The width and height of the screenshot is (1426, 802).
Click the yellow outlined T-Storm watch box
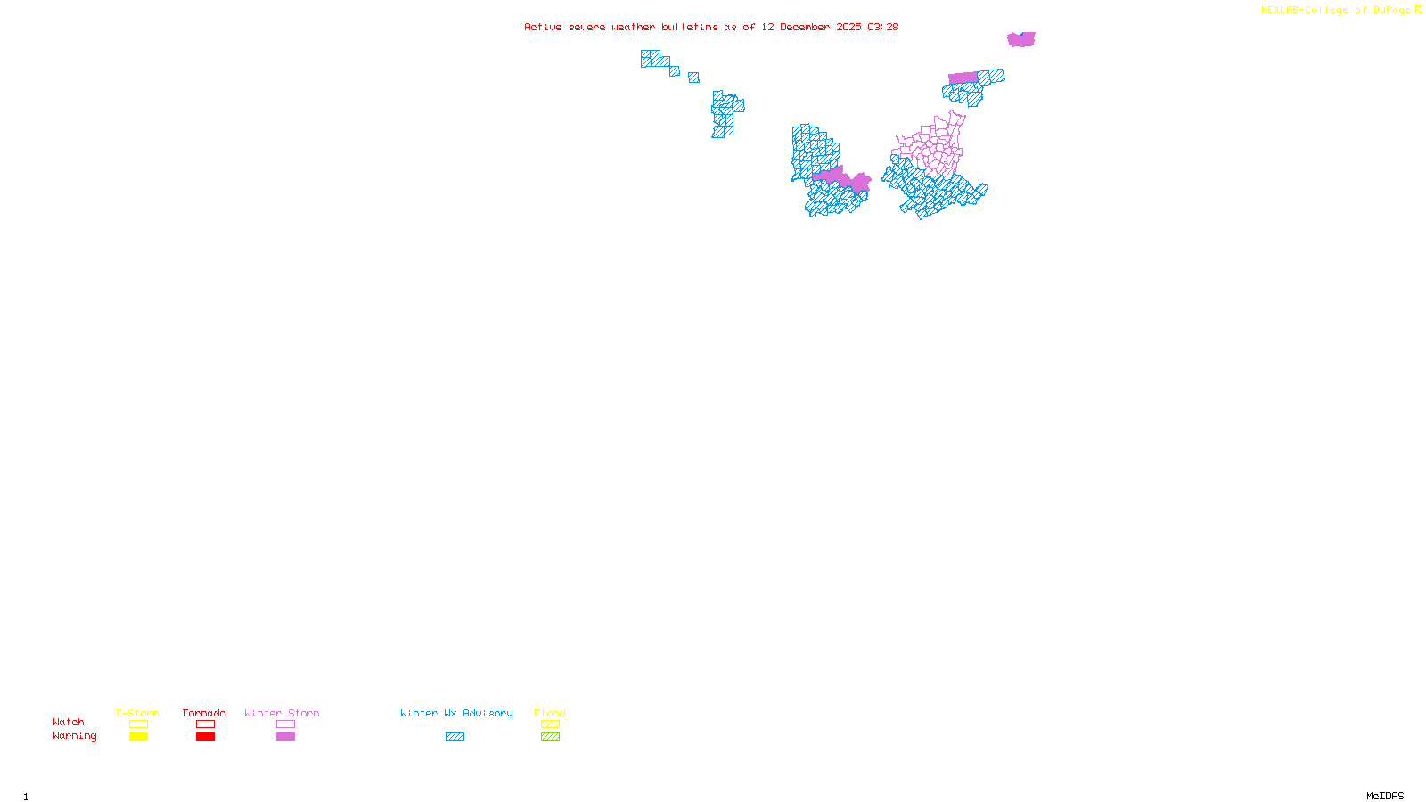pos(138,724)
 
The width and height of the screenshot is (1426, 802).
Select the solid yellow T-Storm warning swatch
pos(138,737)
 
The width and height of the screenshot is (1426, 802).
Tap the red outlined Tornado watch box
pos(205,724)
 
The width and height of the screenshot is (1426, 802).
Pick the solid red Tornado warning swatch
pos(205,737)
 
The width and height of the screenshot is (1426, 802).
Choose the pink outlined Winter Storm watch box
pos(285,724)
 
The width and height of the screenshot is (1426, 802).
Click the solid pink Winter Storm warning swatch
pos(285,737)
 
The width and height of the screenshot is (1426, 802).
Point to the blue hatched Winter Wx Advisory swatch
pos(455,737)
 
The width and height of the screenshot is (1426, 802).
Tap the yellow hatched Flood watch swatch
pos(550,724)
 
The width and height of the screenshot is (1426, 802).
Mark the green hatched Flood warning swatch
pos(550,737)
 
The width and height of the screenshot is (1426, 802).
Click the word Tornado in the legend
pos(204,713)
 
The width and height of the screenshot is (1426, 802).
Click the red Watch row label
pos(69,722)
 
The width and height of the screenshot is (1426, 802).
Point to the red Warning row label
pos(75,736)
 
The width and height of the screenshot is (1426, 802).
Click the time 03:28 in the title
pos(882,27)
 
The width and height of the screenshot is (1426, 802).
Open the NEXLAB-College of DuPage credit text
pos(1336,10)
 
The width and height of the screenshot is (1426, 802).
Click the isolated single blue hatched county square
pos(693,78)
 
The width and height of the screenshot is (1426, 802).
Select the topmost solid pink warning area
pos(1021,39)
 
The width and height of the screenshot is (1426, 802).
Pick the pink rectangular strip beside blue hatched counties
pos(963,78)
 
